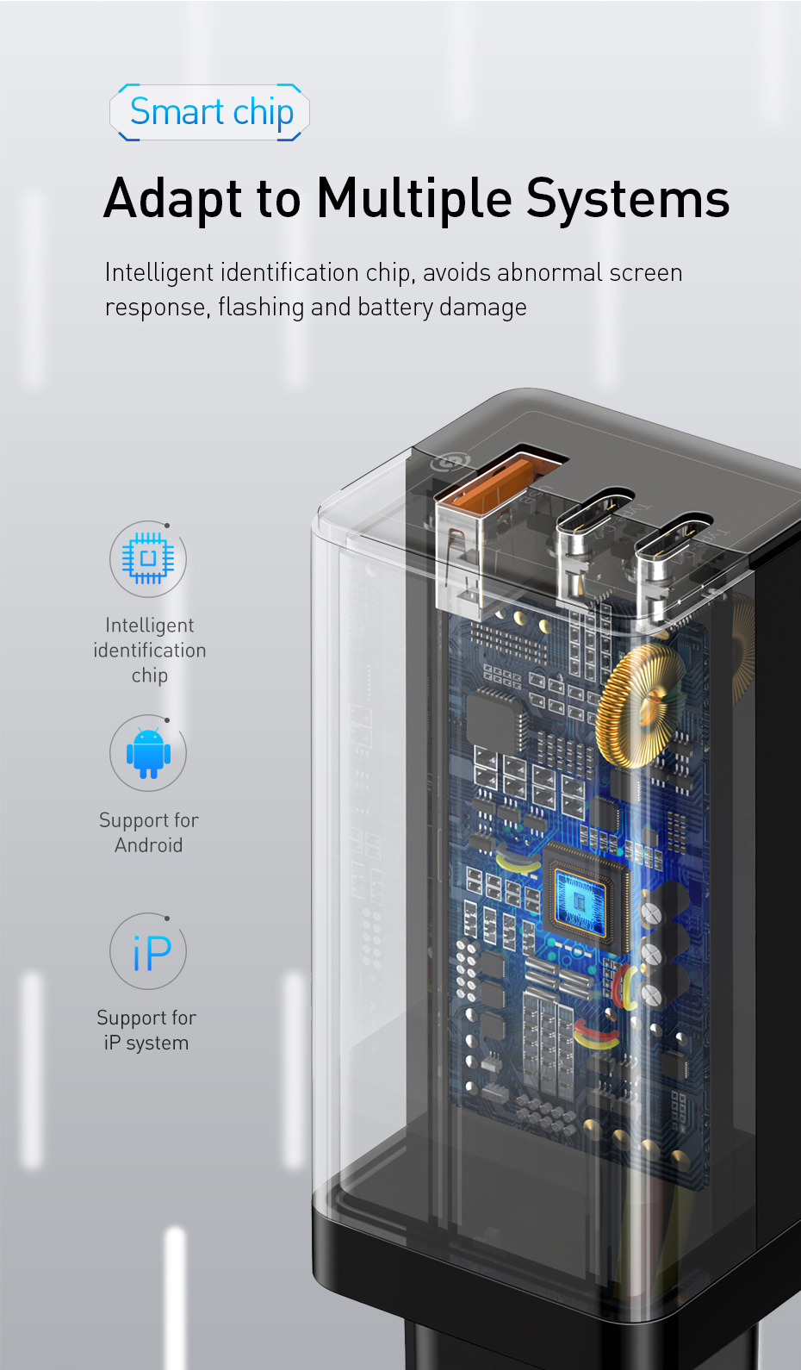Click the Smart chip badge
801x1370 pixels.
[x=210, y=113]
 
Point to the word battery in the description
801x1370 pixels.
[x=395, y=308]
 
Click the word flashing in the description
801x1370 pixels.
[x=261, y=308]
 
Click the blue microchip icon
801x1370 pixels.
[x=148, y=559]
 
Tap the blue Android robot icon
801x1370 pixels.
[x=148, y=753]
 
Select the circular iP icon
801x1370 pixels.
[x=148, y=952]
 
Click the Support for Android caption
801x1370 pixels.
[x=149, y=832]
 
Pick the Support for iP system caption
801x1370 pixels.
[x=146, y=1031]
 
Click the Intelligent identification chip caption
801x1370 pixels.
[x=150, y=651]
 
